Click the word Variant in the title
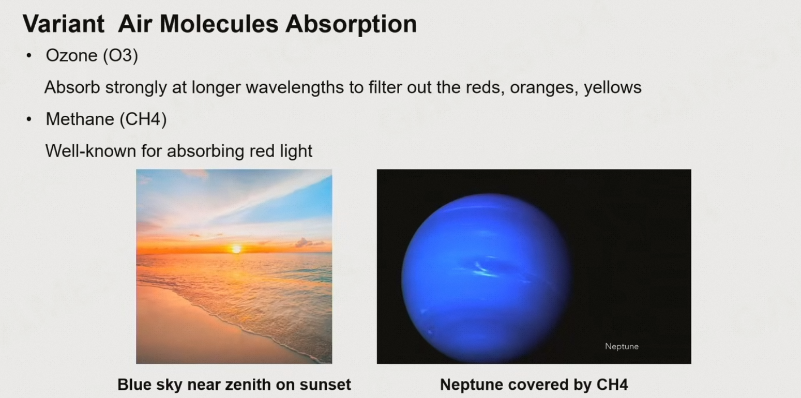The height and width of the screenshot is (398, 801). tap(64, 24)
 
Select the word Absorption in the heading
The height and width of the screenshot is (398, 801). tap(351, 25)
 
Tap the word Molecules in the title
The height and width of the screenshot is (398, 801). tap(219, 24)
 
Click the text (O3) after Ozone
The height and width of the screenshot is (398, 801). tap(120, 55)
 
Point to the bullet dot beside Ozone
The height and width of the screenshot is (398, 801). tap(29, 55)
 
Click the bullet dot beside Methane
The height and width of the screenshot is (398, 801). tap(29, 119)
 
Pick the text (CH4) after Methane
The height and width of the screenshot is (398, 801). tap(143, 119)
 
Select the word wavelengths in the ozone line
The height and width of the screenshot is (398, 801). tap(295, 87)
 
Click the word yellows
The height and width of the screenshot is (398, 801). tap(613, 87)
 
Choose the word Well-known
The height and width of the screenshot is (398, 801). tap(90, 151)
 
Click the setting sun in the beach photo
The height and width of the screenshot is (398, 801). tap(236, 249)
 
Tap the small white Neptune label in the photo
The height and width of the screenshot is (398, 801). tap(622, 346)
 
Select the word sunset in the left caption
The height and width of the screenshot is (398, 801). tap(325, 385)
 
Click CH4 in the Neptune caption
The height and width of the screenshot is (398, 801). tap(612, 385)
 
